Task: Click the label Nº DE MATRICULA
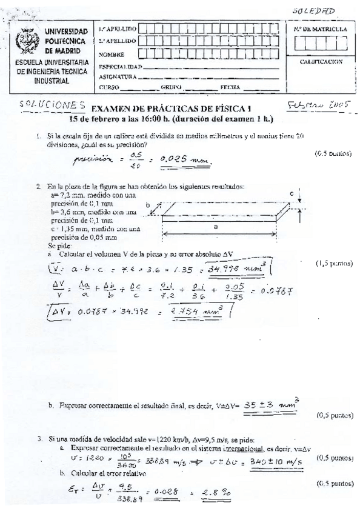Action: [320, 28]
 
